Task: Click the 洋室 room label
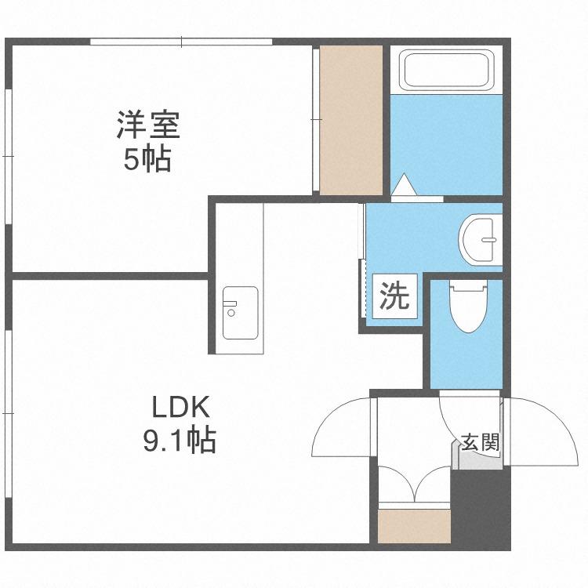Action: [x=148, y=125]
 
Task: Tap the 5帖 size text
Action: [x=147, y=158]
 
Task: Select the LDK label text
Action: [x=180, y=407]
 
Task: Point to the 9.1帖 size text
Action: [x=180, y=440]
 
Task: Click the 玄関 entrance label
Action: [x=481, y=441]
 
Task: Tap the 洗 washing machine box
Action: [x=394, y=296]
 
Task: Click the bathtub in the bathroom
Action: [x=446, y=70]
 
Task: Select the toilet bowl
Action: [x=469, y=307]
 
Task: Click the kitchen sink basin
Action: [x=240, y=313]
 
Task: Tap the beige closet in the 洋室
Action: [x=350, y=120]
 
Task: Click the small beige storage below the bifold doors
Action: [x=414, y=526]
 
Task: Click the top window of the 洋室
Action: [x=181, y=42]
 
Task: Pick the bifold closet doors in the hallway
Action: [x=414, y=484]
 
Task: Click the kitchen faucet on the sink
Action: [x=230, y=303]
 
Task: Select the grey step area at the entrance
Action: [x=477, y=455]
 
